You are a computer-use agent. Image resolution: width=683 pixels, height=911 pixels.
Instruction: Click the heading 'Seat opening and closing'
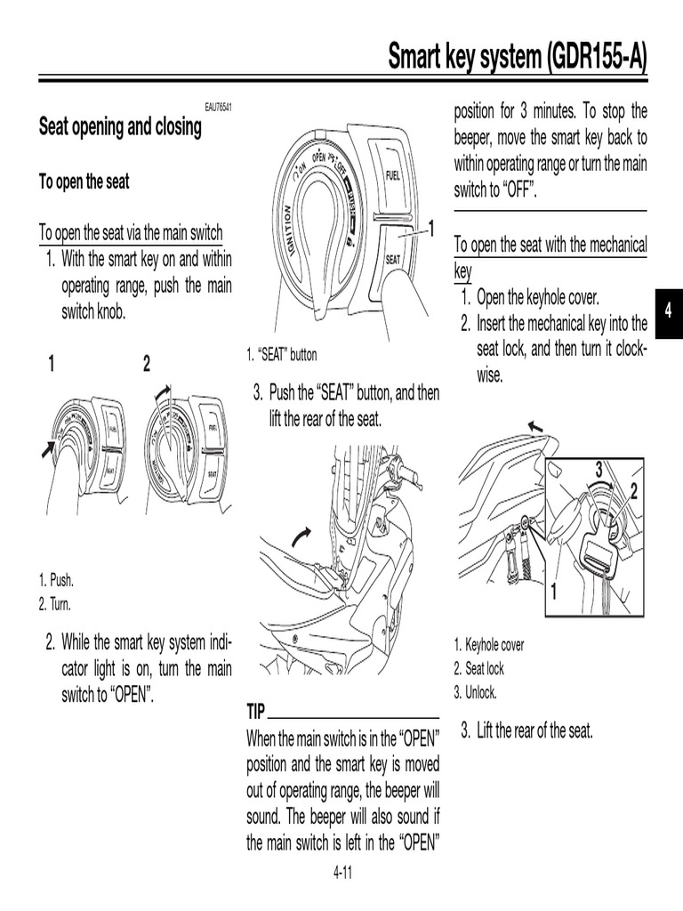tap(120, 127)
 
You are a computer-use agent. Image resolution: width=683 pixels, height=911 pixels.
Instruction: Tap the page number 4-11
tap(342, 873)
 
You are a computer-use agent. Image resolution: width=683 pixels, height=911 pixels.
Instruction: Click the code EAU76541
tap(218, 108)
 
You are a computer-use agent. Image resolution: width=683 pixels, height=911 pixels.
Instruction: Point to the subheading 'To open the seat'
tap(84, 181)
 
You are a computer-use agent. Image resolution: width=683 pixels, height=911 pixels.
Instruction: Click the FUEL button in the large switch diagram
tap(393, 175)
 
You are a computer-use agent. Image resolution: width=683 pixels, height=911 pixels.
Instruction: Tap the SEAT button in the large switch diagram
tap(394, 259)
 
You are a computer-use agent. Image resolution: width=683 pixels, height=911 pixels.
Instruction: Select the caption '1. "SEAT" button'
tap(281, 355)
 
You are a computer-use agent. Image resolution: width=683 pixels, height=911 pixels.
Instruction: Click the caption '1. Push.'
tap(56, 581)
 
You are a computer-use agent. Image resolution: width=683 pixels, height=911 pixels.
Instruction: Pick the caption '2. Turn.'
tap(54, 604)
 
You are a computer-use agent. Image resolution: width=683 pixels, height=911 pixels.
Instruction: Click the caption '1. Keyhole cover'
tap(489, 645)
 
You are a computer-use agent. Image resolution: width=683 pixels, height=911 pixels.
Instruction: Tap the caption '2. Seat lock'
tap(478, 669)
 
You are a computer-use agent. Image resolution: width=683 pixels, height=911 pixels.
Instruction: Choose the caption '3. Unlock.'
tap(475, 692)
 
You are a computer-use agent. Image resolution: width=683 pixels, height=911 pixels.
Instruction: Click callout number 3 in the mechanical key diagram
tap(599, 468)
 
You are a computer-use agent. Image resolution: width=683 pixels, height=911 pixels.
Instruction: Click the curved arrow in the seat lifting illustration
tap(302, 536)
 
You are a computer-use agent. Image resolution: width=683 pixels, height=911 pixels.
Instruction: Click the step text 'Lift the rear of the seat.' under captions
tap(534, 731)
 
